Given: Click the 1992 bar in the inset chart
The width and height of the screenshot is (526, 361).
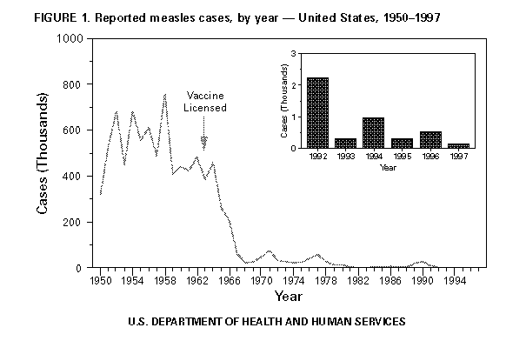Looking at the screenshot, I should [x=317, y=113].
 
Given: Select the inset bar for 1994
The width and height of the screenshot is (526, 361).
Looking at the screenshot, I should [x=373, y=132].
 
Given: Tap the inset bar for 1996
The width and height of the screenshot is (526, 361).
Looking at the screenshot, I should [x=430, y=139].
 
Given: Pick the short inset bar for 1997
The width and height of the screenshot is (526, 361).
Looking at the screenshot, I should [x=458, y=145].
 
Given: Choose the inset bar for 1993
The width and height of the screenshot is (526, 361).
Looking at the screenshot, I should [x=345, y=143].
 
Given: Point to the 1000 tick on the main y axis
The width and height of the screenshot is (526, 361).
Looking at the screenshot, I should [x=73, y=39].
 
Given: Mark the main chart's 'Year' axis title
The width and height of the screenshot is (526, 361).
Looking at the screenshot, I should [x=288, y=297].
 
